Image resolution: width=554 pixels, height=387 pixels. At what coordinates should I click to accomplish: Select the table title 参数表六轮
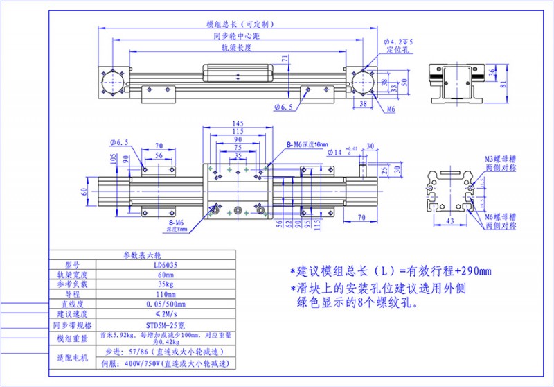tap(141, 255)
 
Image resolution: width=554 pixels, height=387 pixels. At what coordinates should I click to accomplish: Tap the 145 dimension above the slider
tap(238, 124)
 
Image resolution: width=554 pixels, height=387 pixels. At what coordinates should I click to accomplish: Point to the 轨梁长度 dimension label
tap(235, 49)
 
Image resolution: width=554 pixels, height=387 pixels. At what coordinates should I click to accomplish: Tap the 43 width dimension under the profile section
tap(448, 221)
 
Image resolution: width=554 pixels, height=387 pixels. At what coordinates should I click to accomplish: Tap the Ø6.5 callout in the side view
tap(284, 108)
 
